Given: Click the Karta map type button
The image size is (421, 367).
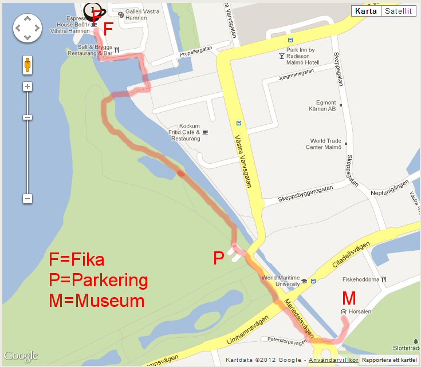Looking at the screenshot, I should pos(365,11).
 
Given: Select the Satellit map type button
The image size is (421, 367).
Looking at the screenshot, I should pos(398,11).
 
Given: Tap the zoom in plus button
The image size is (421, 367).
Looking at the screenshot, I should pos(27,86).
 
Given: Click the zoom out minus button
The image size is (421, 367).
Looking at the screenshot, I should pos(27,199).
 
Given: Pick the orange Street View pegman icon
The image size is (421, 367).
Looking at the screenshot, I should pos(27,65).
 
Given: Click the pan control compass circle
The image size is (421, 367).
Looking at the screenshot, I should pos(27,27).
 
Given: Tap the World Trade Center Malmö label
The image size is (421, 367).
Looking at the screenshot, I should pos(326,144).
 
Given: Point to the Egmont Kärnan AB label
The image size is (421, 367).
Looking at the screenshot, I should pos(322,105).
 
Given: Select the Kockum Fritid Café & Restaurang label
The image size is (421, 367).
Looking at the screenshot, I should pos(189,132).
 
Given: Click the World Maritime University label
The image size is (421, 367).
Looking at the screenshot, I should pos(281,281).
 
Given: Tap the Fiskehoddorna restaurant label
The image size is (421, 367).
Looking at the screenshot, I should pos(360,279).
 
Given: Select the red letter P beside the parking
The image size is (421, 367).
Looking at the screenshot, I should pos(218,259).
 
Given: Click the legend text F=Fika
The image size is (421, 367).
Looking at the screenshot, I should pos(77,261).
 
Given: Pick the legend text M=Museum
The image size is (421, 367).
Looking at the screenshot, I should pos(97,301).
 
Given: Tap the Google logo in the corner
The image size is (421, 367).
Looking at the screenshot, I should pos(21,356).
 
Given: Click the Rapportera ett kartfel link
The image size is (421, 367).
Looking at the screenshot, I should pos(389,360).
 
